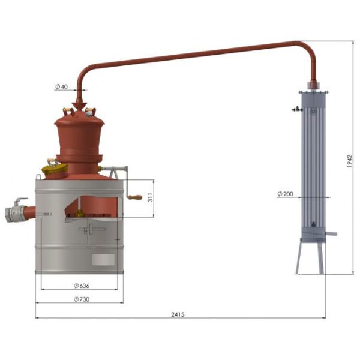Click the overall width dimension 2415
point(178,314)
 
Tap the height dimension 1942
point(349,161)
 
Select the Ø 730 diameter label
point(82,299)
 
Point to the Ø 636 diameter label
point(82,286)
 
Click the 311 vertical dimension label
point(150,197)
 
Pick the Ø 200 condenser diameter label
point(285,194)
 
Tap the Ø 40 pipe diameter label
point(62,87)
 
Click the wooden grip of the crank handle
point(135,197)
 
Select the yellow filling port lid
point(55,168)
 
